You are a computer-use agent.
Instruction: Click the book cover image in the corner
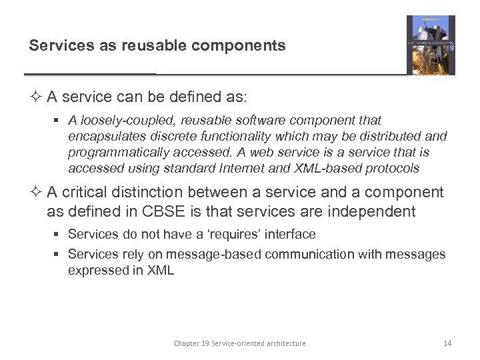[431, 45]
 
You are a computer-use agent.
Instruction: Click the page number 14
[447, 343]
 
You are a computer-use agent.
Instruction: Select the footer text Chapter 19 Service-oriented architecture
[240, 343]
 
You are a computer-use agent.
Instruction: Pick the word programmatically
[113, 153]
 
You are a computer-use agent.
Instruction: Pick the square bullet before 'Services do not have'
[59, 235]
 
